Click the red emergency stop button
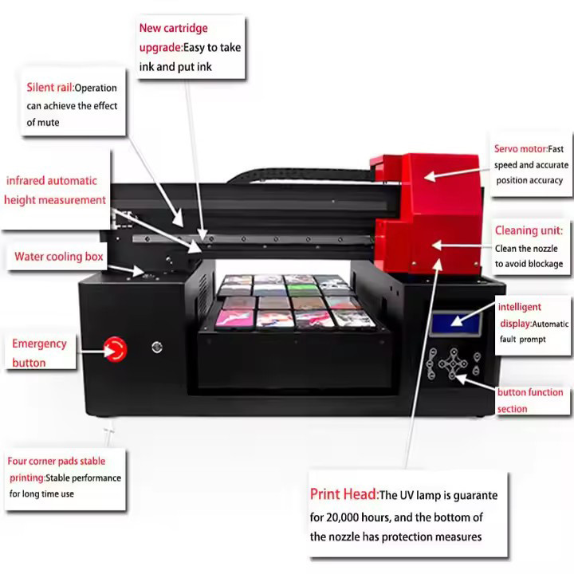pos(115,348)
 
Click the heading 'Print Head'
pos(343,495)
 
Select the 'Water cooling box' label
pos(59,257)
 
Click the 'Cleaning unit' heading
pos(528,230)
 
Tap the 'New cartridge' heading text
pos(173,28)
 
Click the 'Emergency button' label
pos(39,353)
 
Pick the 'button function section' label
pos(529,400)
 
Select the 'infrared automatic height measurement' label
pos(54,191)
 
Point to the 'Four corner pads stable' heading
pos(56,461)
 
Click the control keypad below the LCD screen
pos(451,364)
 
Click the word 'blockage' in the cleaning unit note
pos(546,264)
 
